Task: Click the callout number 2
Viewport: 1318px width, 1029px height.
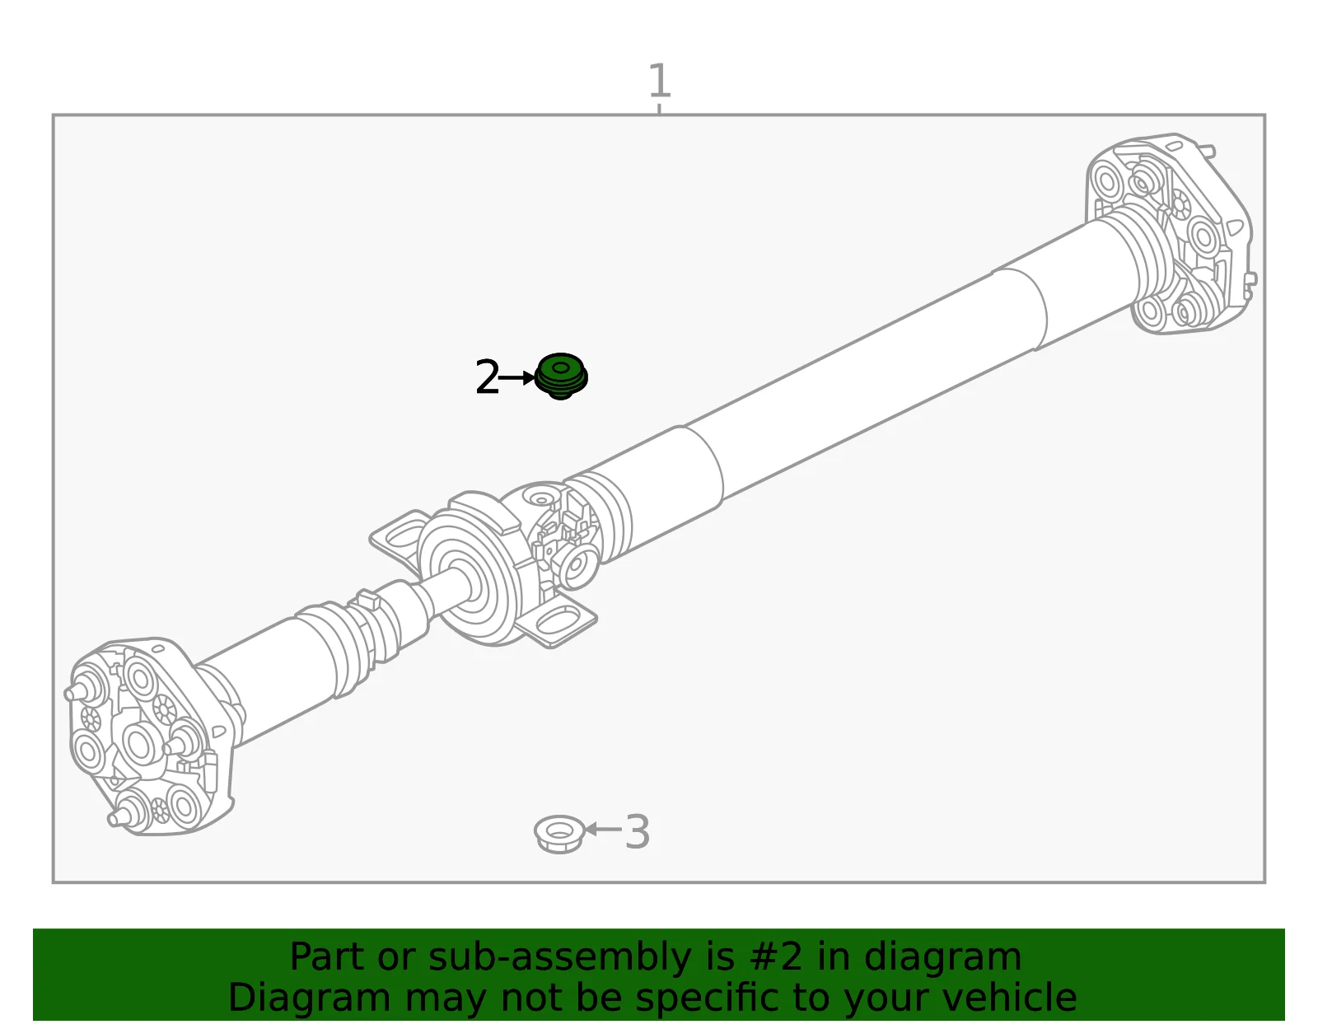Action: pyautogui.click(x=487, y=377)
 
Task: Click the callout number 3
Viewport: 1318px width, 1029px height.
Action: pyautogui.click(x=637, y=832)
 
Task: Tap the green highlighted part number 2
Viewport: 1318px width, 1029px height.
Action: pyautogui.click(x=561, y=376)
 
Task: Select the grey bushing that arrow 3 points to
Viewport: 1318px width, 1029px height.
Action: pyautogui.click(x=559, y=835)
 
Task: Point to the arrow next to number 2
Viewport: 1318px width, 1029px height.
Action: pyautogui.click(x=516, y=377)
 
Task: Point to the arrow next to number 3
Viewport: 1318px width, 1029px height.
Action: pyautogui.click(x=604, y=829)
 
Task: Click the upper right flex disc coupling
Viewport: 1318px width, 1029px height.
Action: pyautogui.click(x=1171, y=233)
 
